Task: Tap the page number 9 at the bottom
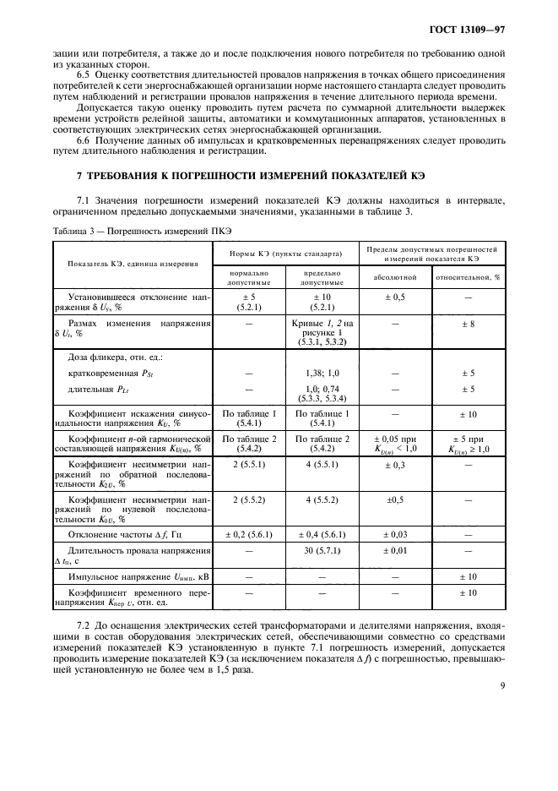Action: (x=501, y=685)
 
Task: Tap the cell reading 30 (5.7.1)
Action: (x=315, y=551)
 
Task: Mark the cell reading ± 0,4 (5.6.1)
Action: (x=315, y=534)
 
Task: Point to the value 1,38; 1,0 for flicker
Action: (x=315, y=373)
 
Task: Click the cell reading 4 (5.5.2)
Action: (x=315, y=499)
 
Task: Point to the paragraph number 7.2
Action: (x=85, y=625)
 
